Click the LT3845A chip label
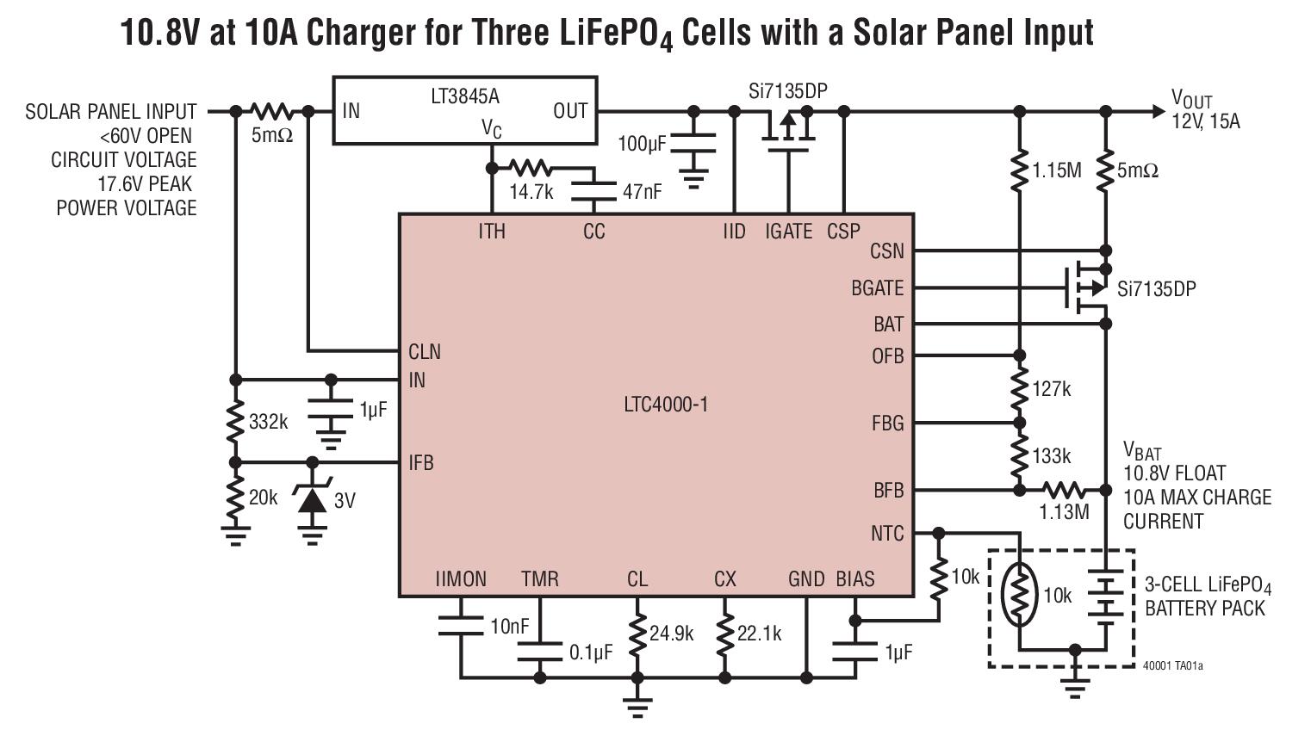pyautogui.click(x=464, y=96)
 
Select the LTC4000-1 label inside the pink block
pyautogui.click(x=666, y=404)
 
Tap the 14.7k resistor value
pyautogui.click(x=531, y=192)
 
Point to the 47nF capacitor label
pyautogui.click(x=642, y=192)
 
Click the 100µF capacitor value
pyautogui.click(x=642, y=144)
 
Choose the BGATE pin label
pyautogui.click(x=877, y=288)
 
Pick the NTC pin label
pyautogui.click(x=887, y=534)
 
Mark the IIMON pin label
pyautogui.click(x=461, y=579)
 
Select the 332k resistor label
pyautogui.click(x=268, y=422)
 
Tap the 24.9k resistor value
pyautogui.click(x=671, y=634)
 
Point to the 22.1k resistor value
pyautogui.click(x=759, y=634)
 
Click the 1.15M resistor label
pyautogui.click(x=1057, y=170)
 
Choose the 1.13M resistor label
pyautogui.click(x=1064, y=512)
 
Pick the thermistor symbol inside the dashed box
pyautogui.click(x=1019, y=594)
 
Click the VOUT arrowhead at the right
pyautogui.click(x=1156, y=111)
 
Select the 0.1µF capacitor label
pyautogui.click(x=591, y=652)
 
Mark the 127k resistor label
pyautogui.click(x=1052, y=389)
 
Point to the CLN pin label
pyautogui.click(x=424, y=351)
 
